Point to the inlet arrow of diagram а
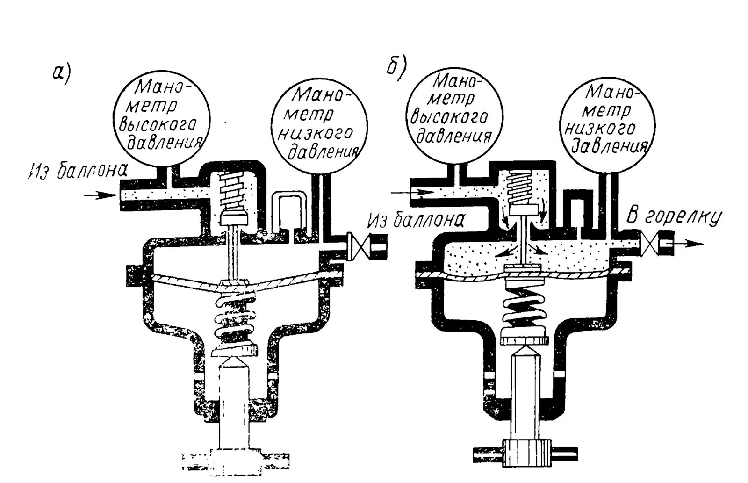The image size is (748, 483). coord(98,195)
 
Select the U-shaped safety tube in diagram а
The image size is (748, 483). coord(287,210)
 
